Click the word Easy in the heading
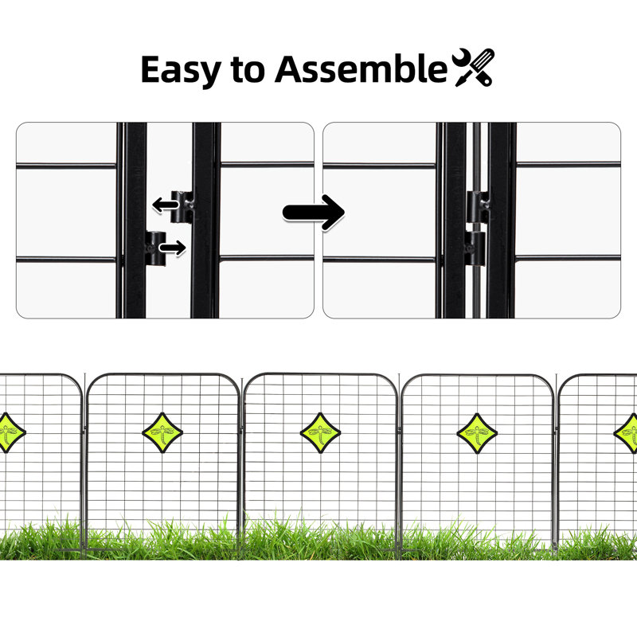coord(181,70)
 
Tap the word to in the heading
coord(248,69)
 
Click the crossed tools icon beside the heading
coord(474,67)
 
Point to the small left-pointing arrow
coord(166,205)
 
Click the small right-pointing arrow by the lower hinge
coord(173,248)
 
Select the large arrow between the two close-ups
coord(314,213)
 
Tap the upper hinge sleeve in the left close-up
coord(182,207)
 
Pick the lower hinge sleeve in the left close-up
coord(155,248)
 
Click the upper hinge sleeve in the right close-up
coord(477,207)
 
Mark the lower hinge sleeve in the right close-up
coord(475,248)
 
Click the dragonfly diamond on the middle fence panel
coord(320,432)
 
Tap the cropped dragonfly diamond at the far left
coord(11,432)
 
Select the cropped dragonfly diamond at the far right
coord(626,433)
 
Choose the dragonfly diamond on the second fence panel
coord(162,432)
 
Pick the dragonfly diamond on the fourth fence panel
coord(477,433)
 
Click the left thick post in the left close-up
coord(135,221)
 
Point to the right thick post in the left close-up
coord(203,221)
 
